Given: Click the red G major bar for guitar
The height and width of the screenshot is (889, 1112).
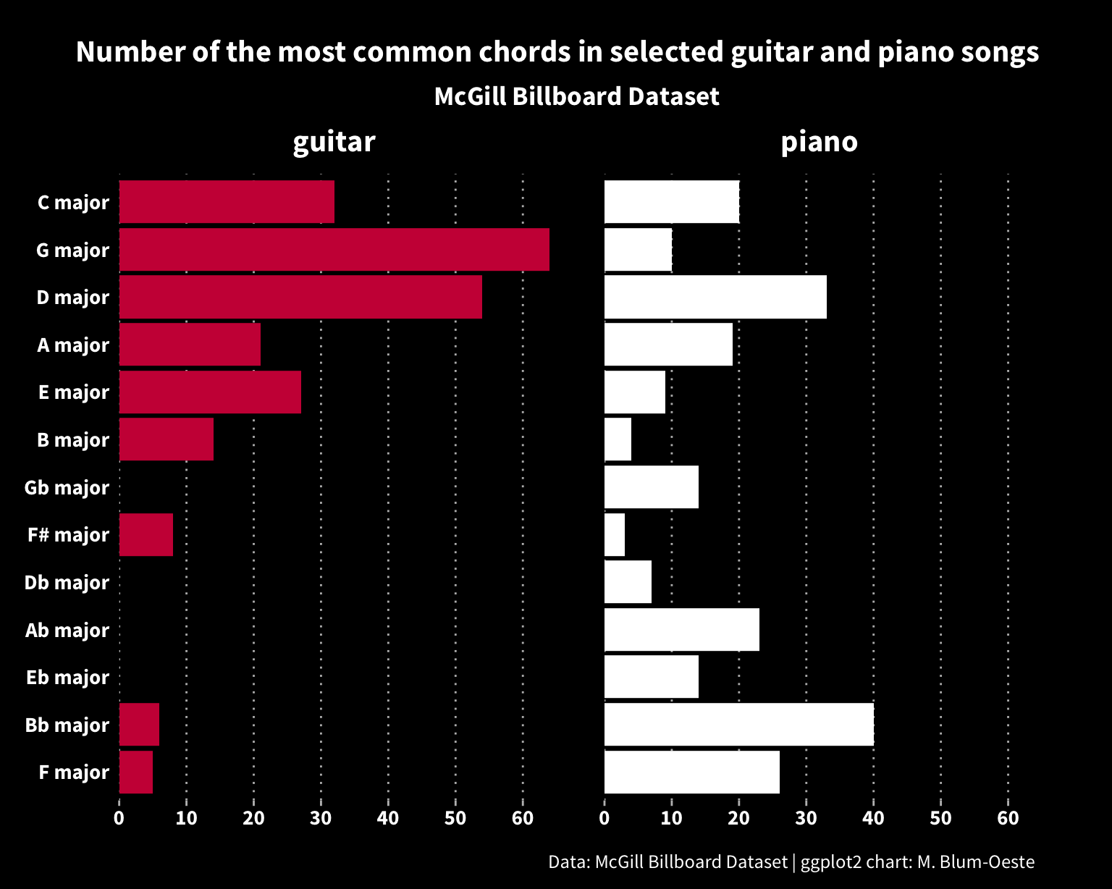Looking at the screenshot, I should point(334,250).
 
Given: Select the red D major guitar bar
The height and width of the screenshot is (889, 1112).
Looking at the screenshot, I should point(300,297).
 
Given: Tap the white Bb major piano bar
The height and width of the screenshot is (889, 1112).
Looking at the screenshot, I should point(738,725).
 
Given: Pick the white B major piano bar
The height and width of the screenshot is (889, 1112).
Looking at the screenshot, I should point(618,439).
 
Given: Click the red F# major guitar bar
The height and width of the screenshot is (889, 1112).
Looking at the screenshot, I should point(146,535).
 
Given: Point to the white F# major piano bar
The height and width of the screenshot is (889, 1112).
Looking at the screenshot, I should point(615,535).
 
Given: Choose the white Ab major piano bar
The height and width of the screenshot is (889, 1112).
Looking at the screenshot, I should point(681,630).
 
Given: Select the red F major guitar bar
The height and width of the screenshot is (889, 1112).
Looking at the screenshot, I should point(136,772).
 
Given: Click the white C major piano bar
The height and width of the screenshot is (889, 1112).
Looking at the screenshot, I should point(671,202).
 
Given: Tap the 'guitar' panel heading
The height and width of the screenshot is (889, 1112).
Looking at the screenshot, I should point(334,142).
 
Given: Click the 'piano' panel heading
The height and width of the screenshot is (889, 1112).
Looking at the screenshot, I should point(819,142).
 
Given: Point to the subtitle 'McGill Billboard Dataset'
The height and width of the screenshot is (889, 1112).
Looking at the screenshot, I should point(576,96).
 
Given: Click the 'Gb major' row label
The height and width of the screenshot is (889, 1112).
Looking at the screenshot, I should point(67,488).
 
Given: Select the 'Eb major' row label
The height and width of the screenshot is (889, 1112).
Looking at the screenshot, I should point(67,678).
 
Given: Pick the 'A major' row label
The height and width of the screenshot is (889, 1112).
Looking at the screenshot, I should point(73,345).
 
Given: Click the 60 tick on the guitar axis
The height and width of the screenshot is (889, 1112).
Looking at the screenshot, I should point(522,819).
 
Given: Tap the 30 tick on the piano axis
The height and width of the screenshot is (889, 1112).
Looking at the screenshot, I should point(806,819).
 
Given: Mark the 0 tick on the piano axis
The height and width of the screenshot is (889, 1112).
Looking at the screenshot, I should point(605,819).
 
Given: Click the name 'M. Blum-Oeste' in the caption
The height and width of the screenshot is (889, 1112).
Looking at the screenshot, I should point(975,862).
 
